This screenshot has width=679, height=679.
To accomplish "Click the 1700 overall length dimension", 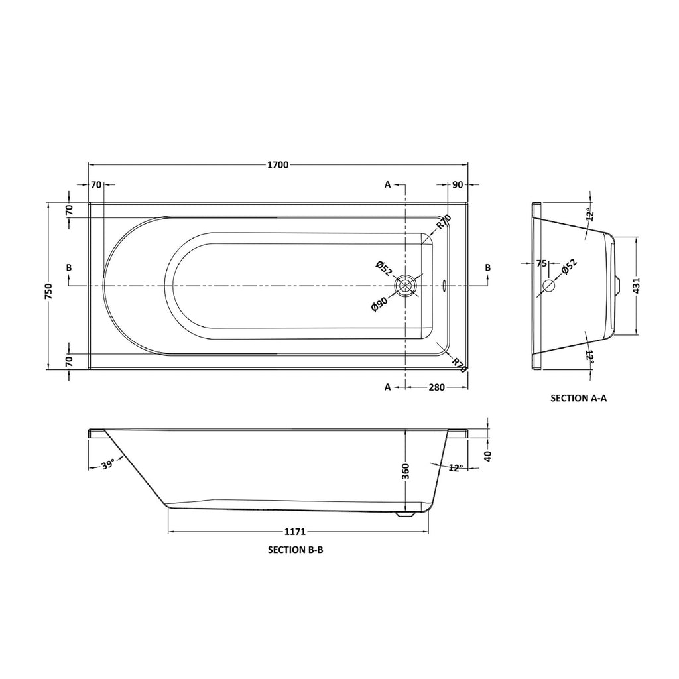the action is coord(278,165).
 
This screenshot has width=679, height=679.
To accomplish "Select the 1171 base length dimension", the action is coord(295,531).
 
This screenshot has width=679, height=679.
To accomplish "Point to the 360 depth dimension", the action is coord(405,471).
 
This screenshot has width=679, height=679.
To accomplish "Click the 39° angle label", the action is coord(108,464).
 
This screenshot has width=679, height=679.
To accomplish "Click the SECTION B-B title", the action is coord(296,550).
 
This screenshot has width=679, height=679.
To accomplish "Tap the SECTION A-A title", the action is coord(578,398).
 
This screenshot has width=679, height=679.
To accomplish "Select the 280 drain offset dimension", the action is coord(436,387).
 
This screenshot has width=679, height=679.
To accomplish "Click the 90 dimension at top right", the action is coord(458,185).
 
